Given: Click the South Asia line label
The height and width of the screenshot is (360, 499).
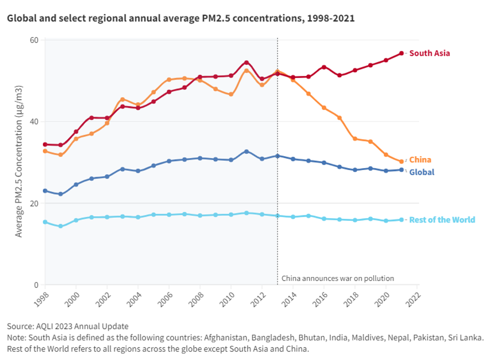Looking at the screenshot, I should (430, 53).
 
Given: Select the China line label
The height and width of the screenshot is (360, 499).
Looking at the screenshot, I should (420, 160).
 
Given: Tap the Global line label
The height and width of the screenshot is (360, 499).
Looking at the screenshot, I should (422, 172).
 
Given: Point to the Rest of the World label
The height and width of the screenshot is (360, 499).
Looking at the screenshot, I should (442, 220).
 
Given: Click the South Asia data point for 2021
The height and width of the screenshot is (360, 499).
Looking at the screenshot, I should (401, 53).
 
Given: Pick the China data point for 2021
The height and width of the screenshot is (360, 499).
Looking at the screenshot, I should (401, 162).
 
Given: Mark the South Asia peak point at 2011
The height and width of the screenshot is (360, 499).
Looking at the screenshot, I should (247, 62).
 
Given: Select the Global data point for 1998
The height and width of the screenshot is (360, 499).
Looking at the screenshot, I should (45, 191).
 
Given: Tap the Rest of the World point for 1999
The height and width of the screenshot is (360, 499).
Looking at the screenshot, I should (60, 226).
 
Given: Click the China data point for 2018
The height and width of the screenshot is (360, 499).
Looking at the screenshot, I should (355, 139).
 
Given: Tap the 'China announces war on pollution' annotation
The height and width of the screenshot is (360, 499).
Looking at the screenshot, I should (338, 278).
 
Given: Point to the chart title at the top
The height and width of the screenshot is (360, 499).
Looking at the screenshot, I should (181, 19).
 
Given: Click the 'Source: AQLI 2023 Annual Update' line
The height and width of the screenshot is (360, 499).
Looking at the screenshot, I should (68, 327).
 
